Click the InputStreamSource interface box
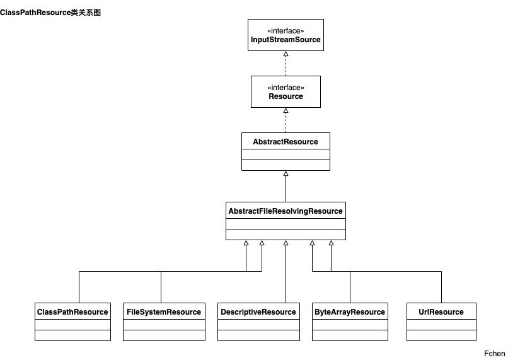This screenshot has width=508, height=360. click(x=286, y=35)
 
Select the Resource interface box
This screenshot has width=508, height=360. click(x=286, y=92)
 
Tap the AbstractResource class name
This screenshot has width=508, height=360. click(x=286, y=142)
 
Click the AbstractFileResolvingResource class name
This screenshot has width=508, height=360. click(x=286, y=211)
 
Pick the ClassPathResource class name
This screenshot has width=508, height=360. click(x=72, y=312)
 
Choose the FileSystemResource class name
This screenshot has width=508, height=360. click(x=164, y=312)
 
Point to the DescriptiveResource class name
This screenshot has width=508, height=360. click(x=258, y=312)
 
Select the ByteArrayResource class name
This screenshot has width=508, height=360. click(x=350, y=312)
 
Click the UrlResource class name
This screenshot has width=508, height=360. click(x=441, y=312)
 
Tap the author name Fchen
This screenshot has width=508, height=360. click(x=495, y=354)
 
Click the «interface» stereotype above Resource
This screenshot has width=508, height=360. click(x=286, y=88)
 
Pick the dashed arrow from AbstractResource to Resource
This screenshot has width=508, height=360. click(x=286, y=120)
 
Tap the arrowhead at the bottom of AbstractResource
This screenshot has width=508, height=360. click(x=286, y=173)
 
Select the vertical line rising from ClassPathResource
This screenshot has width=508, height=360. click(x=79, y=287)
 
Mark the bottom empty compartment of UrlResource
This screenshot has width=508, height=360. click(x=441, y=335)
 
